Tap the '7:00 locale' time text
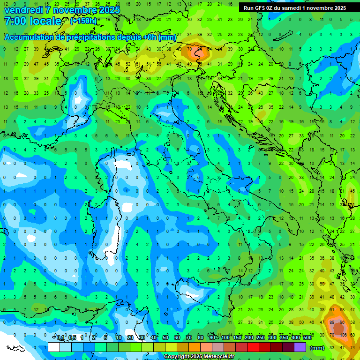click(32, 21)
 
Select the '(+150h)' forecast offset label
click(83, 21)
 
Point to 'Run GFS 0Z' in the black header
click(259, 8)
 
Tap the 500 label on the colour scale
click(307, 337)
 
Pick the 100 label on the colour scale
click(225, 337)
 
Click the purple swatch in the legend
click(300, 347)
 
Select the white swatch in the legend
click(54, 347)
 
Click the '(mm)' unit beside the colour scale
click(317, 347)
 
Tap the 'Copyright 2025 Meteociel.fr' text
click(200, 356)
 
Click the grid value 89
click(332, 322)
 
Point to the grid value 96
click(342, 322)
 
